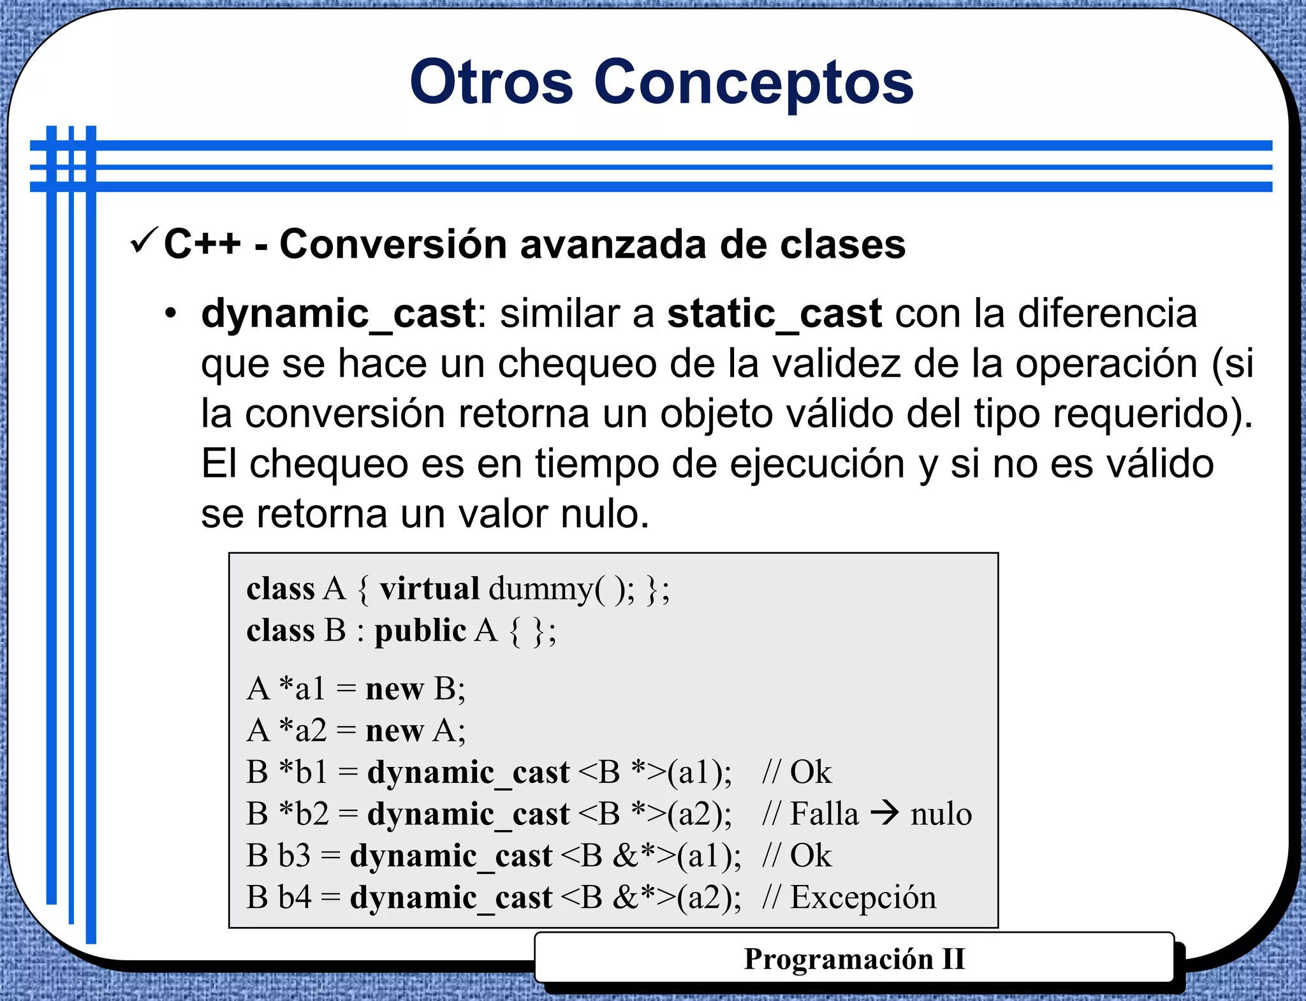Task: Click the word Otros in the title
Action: point(491,82)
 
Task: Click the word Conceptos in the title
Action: point(754,82)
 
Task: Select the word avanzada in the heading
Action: point(613,244)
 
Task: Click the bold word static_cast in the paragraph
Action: point(774,314)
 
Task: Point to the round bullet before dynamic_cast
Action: point(170,314)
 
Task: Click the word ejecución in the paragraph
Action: point(817,464)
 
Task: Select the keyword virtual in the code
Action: point(429,588)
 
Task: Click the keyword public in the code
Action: point(420,631)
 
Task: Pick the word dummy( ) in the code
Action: point(561,588)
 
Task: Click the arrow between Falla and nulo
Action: point(884,813)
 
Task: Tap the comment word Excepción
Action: point(863,898)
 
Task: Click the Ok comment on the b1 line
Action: point(811,772)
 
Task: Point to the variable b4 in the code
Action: point(295,898)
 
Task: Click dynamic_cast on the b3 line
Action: point(451,856)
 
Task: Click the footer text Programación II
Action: point(854,959)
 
